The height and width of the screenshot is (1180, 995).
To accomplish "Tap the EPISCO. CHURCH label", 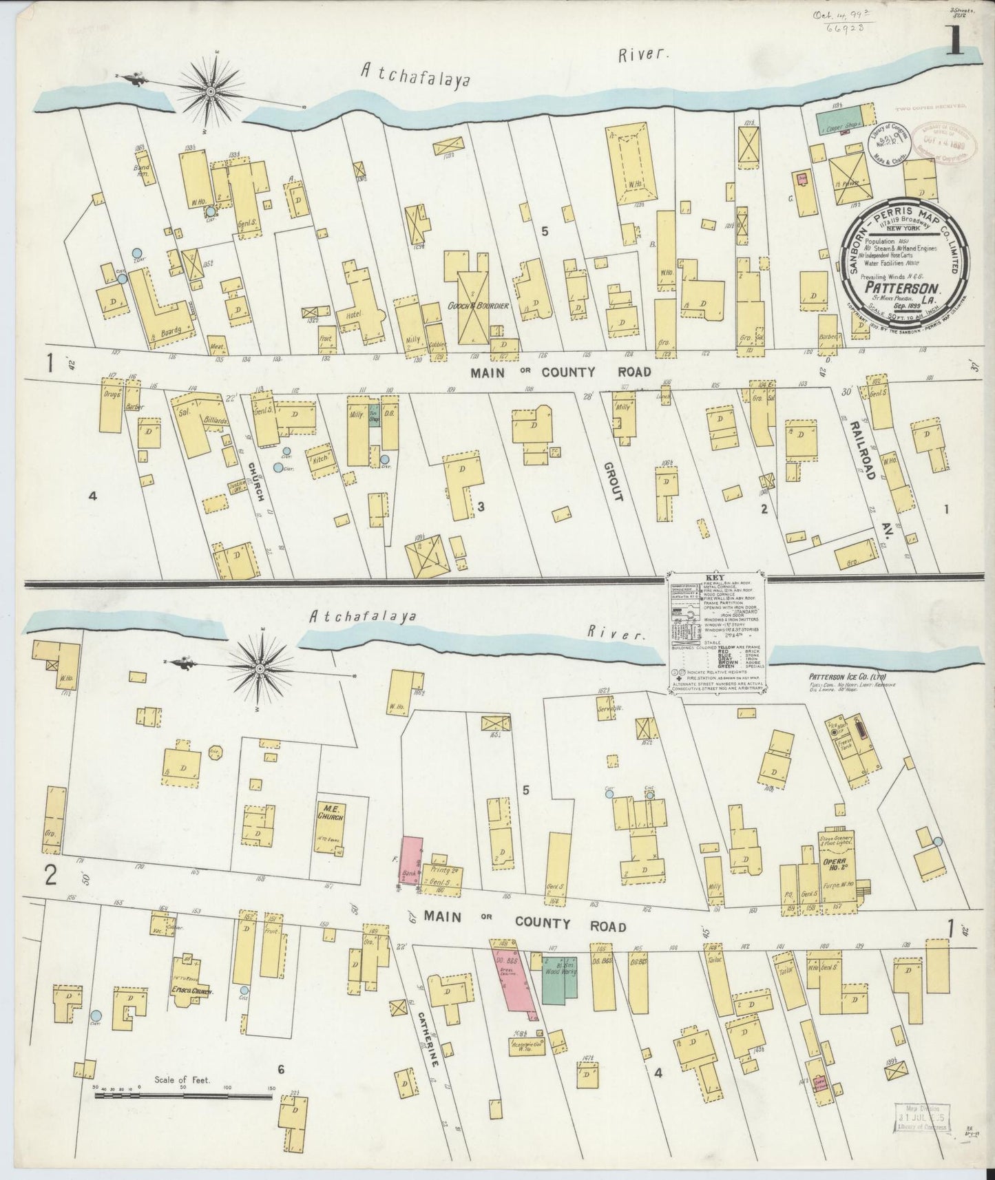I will [x=191, y=992].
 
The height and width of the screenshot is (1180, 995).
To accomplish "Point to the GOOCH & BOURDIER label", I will [x=477, y=306].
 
